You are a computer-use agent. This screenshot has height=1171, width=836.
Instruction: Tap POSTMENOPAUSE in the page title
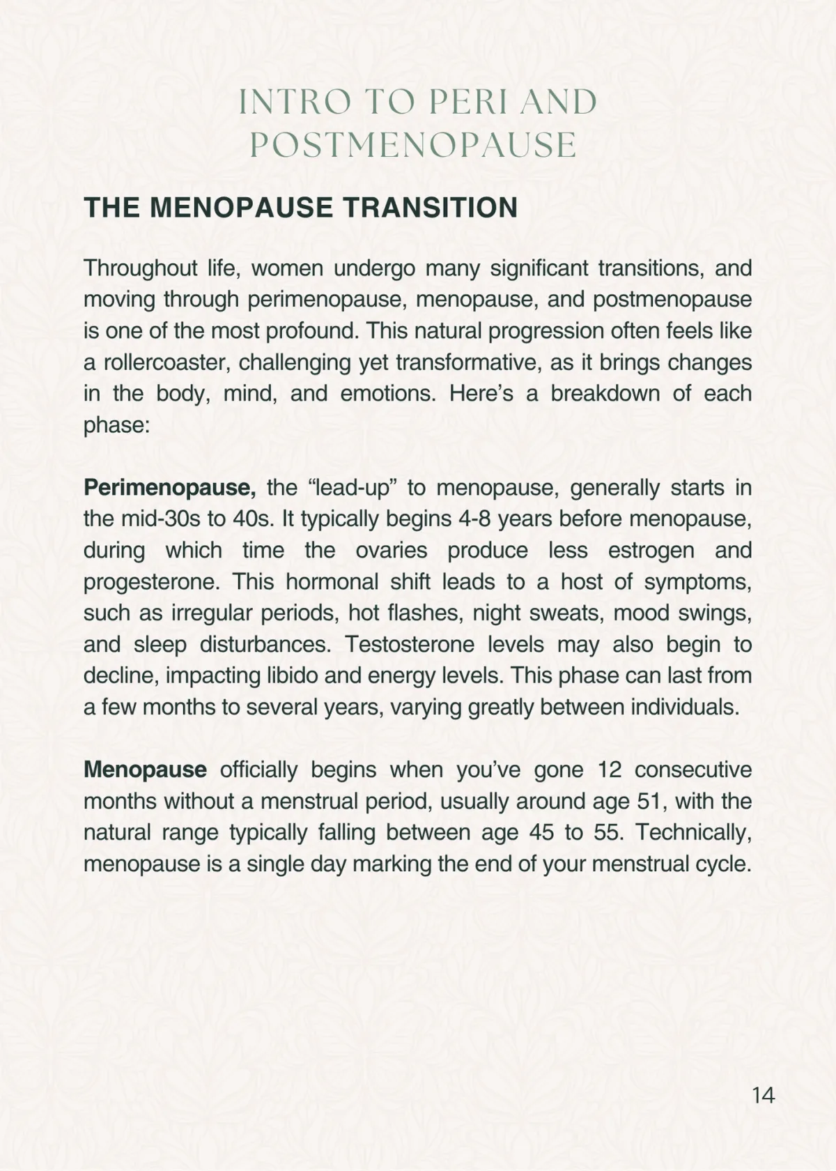pos(413,146)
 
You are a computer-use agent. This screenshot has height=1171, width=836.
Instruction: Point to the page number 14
pos(764,1095)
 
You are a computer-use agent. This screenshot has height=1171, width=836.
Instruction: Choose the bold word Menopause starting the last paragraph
pos(145,770)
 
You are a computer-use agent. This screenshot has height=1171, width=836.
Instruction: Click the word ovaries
pos(391,550)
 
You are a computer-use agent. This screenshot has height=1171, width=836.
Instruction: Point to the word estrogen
pos(651,550)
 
